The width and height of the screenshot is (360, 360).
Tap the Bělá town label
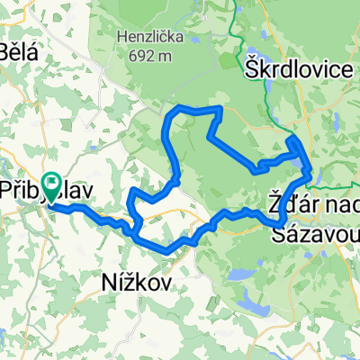(20, 50)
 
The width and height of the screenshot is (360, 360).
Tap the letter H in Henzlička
(121, 38)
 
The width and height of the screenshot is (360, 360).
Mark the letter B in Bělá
(6, 50)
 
